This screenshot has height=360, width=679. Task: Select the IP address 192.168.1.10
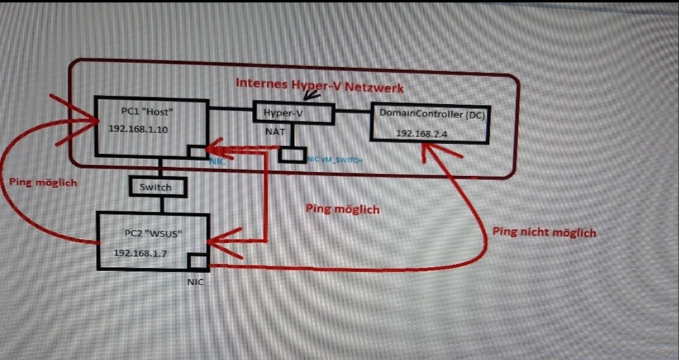(139, 128)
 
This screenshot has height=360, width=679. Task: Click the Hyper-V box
(293, 113)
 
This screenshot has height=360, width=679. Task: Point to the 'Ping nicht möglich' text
(545, 233)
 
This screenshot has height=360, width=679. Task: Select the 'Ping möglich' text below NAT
(342, 209)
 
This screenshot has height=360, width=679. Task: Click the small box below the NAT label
(293, 155)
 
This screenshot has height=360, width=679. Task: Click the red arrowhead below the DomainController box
(428, 151)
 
